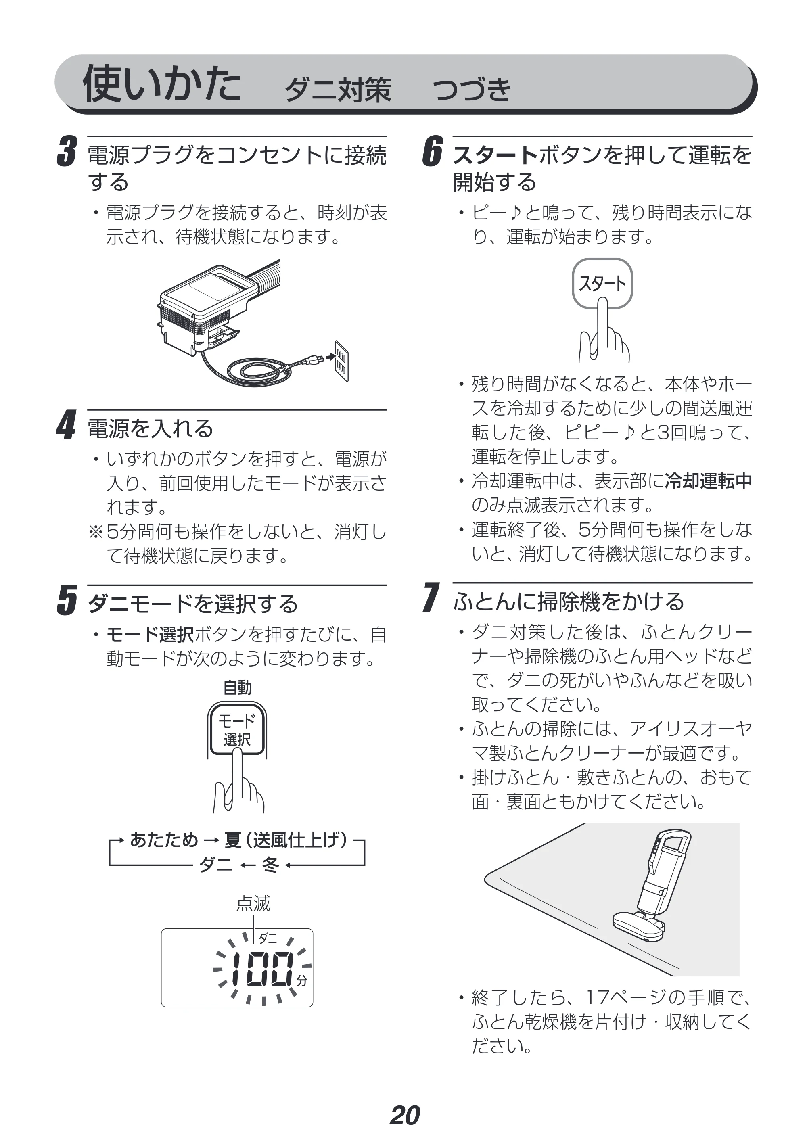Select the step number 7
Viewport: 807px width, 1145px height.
tap(431, 598)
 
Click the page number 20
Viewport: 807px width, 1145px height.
tap(404, 1115)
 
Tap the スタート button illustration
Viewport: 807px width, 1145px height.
tap(602, 283)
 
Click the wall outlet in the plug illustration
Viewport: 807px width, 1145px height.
tap(341, 361)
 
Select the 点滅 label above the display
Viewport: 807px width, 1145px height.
tap(253, 903)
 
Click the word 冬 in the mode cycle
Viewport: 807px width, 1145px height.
tap(270, 864)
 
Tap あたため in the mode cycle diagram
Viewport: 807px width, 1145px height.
tap(164, 840)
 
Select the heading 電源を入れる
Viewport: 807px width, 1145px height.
tap(151, 428)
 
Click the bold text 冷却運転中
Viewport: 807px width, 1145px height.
tap(709, 481)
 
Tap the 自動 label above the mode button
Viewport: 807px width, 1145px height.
tap(237, 687)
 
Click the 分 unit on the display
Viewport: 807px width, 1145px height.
tap(302, 981)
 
